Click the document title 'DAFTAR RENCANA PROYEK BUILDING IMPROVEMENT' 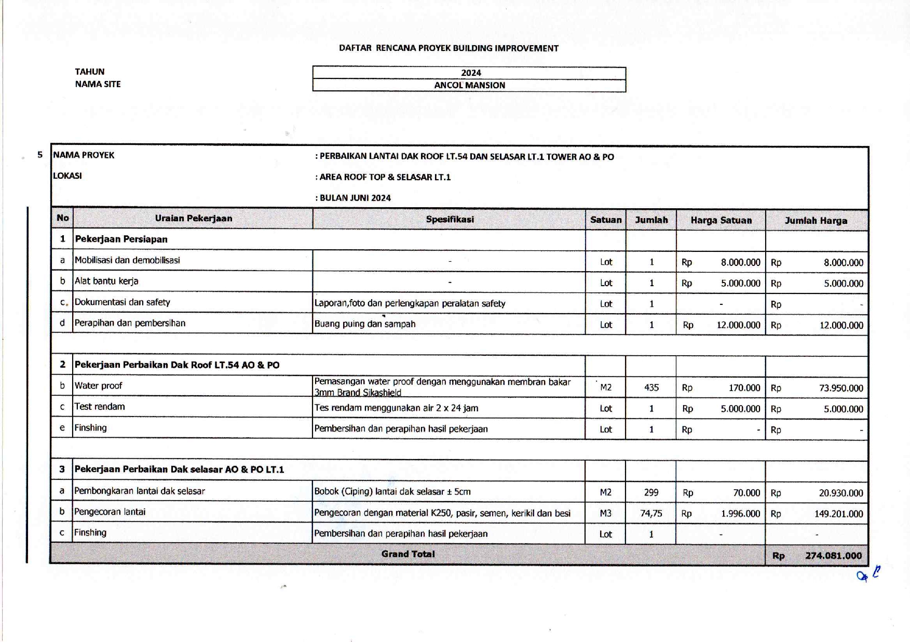(x=449, y=48)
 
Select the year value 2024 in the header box (x=471, y=73)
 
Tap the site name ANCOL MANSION (x=469, y=85)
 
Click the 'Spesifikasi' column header (x=450, y=219)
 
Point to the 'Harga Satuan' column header (x=721, y=220)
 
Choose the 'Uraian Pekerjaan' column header (x=193, y=218)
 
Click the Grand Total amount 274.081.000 (x=833, y=556)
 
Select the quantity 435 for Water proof (x=651, y=387)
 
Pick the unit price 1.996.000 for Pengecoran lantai (x=740, y=514)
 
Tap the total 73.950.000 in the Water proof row (x=841, y=388)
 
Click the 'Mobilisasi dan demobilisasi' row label (x=127, y=260)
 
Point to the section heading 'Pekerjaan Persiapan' (x=121, y=239)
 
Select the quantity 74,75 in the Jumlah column (x=651, y=513)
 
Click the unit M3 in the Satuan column (x=606, y=513)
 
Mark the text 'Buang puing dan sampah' (x=365, y=324)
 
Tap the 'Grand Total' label (x=408, y=554)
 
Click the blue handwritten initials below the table (x=869, y=574)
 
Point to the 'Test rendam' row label (x=100, y=407)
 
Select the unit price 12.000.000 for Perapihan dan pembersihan (x=738, y=325)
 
